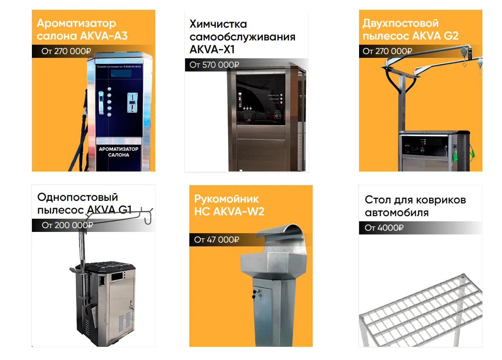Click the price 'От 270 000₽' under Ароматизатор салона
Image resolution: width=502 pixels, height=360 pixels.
click(66, 51)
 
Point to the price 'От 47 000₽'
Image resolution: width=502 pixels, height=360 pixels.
click(217, 240)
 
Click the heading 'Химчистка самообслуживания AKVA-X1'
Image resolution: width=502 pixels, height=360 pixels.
click(242, 37)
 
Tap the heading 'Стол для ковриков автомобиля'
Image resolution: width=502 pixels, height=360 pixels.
click(415, 206)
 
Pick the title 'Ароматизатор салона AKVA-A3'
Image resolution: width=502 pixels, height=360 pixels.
click(82, 29)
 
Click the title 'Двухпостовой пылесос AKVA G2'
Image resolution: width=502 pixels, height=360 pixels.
click(410, 29)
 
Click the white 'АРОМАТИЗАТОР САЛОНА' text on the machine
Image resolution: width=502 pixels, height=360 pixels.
click(119, 152)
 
